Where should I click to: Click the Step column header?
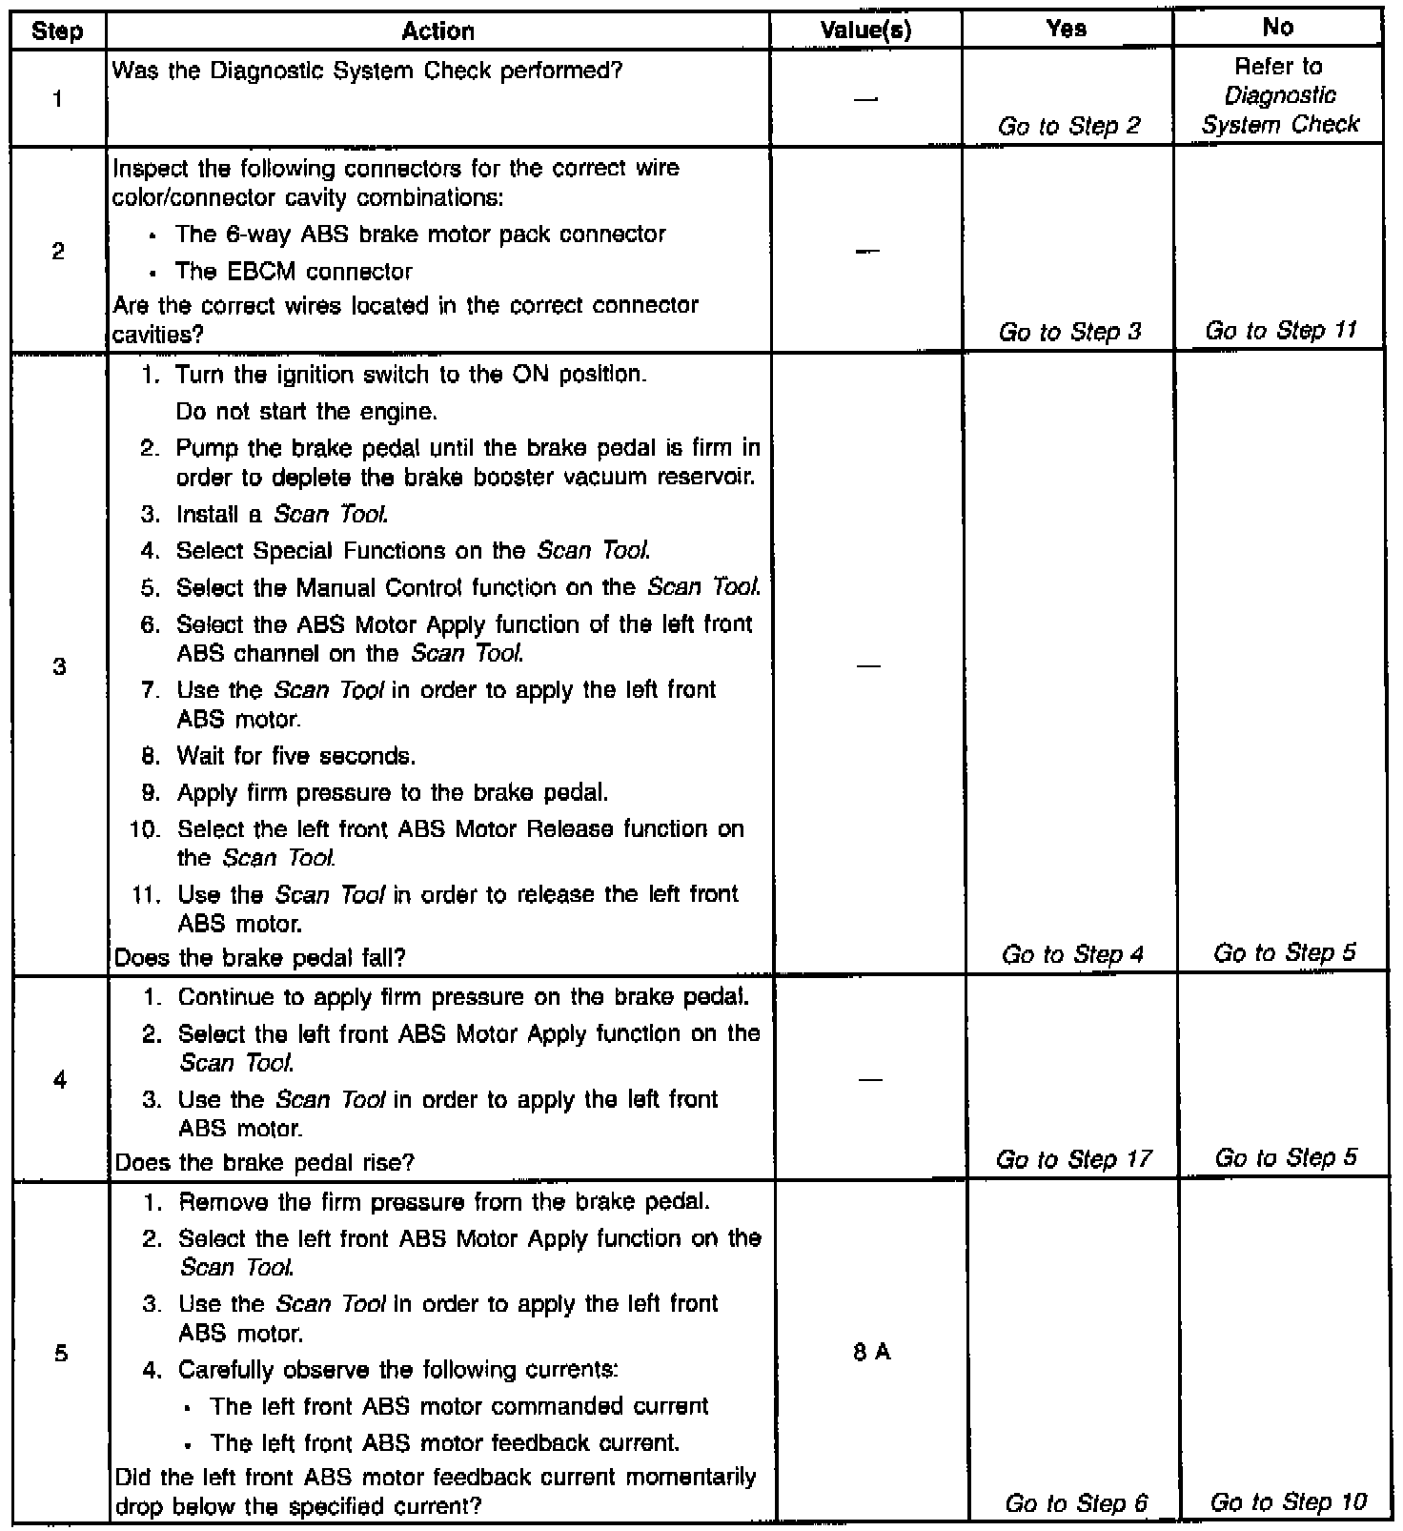pos(57,31)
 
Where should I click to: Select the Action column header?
pos(437,31)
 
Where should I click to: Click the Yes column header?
pos(1066,30)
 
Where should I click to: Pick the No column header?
pos(1277,29)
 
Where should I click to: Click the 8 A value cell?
pos(872,1352)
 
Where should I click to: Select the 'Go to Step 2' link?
pos(1068,126)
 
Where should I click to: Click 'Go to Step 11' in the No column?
pos(1280,331)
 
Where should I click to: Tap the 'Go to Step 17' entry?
pos(1073,1159)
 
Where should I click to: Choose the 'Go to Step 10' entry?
pos(1288,1502)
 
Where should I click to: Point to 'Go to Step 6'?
pos(1076,1503)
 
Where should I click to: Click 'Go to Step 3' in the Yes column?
pos(1069,332)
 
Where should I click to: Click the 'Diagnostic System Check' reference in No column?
pos(1280,110)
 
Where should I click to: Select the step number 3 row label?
pos(59,666)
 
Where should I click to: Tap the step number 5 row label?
pos(60,1353)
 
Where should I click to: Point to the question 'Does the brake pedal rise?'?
pos(264,1162)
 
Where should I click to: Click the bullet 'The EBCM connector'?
pos(294,272)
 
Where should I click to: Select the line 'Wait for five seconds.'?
pos(295,757)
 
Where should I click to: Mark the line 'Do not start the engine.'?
pos(306,412)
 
